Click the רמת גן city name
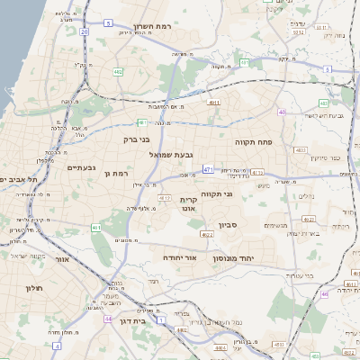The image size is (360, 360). pos(118,172)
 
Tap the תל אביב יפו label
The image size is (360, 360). pos(18,180)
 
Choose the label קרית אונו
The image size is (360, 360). pos(188,203)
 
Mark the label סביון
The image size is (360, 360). pos(227,223)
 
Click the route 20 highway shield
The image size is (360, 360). pos(84,31)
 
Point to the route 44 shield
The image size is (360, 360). pos(108,319)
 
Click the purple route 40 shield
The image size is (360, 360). pos(282,112)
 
